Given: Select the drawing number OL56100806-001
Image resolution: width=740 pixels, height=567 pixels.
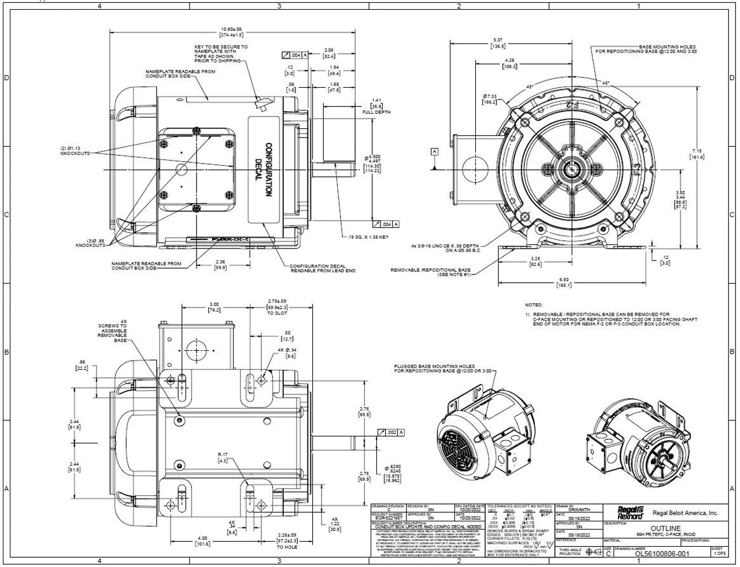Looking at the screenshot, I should [663, 553].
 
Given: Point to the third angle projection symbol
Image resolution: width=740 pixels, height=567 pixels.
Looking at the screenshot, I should [593, 553].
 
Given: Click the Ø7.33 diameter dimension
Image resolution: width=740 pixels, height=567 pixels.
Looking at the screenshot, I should [489, 98].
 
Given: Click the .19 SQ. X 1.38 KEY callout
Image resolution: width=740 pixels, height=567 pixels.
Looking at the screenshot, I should [368, 238].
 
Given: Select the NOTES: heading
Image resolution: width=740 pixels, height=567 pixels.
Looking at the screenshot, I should [534, 305].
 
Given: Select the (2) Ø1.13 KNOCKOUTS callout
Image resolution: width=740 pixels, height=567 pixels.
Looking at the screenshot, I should [75, 151].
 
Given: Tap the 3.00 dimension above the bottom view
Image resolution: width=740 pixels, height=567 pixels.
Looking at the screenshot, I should [214, 306].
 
